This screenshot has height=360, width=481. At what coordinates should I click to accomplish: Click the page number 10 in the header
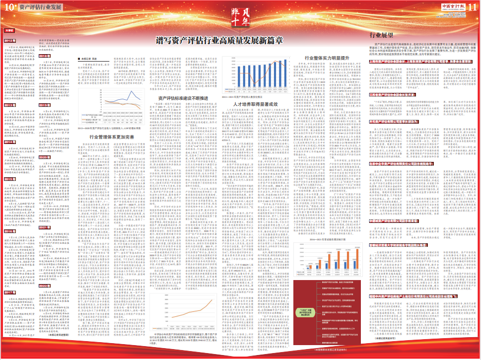pos(8,7)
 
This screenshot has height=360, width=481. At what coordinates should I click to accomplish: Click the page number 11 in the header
pos(472,7)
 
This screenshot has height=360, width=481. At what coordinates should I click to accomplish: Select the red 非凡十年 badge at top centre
pos(240,16)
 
